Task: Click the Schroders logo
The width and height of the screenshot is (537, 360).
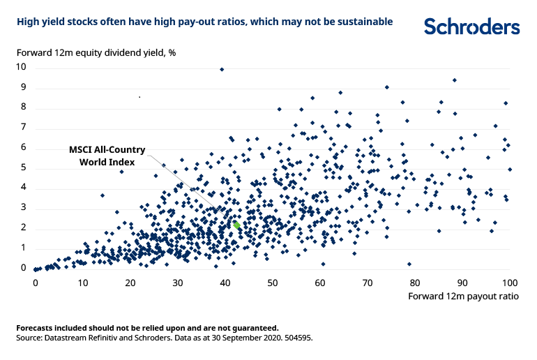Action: tap(471, 27)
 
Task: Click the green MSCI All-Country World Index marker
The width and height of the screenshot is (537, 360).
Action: tap(237, 225)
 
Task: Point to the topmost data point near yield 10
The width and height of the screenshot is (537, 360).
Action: tap(222, 69)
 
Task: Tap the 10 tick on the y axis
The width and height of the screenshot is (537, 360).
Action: tap(22, 68)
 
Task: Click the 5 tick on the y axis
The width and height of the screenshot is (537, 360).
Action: tap(23, 168)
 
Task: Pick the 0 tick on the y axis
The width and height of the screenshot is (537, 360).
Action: tap(23, 269)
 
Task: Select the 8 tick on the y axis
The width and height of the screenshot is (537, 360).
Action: tap(23, 107)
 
